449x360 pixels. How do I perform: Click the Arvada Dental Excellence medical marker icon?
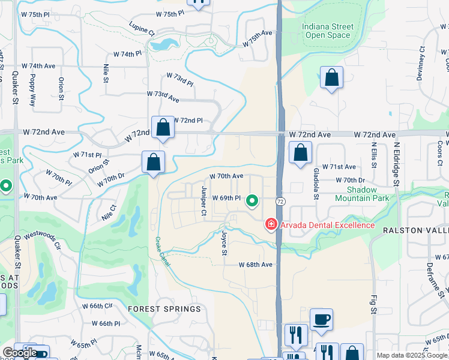pyautogui.click(x=271, y=225)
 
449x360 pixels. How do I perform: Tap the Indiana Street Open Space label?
pyautogui.click(x=326, y=31)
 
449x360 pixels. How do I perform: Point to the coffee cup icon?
pyautogui.click(x=321, y=320)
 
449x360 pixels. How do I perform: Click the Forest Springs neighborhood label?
pyautogui.click(x=164, y=308)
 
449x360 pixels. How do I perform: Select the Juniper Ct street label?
pyautogui.click(x=203, y=201)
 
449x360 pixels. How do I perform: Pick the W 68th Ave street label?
pyautogui.click(x=256, y=265)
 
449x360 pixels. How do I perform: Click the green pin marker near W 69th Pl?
pyautogui.click(x=253, y=201)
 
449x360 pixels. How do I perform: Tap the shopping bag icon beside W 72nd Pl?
pyautogui.click(x=163, y=128)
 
